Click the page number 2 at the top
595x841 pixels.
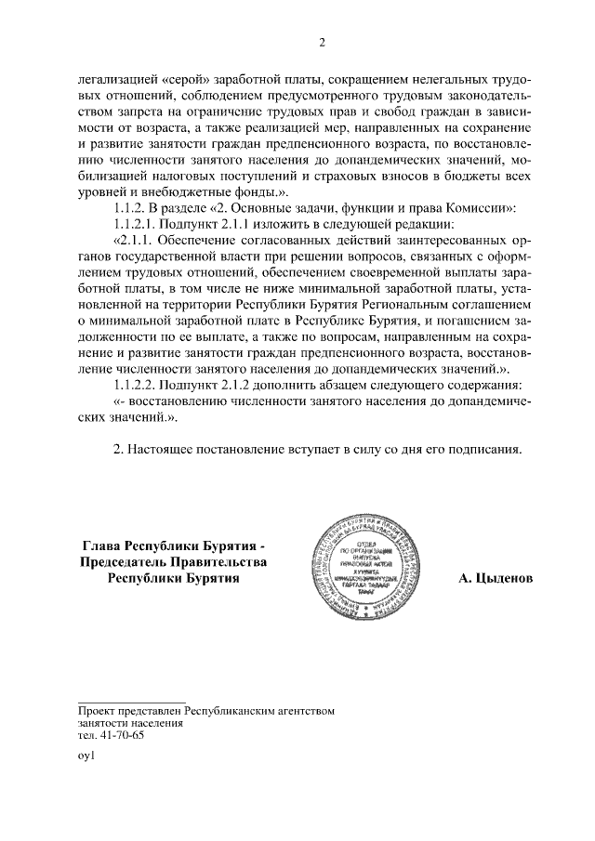(321, 42)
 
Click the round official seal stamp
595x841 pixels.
(369, 564)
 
